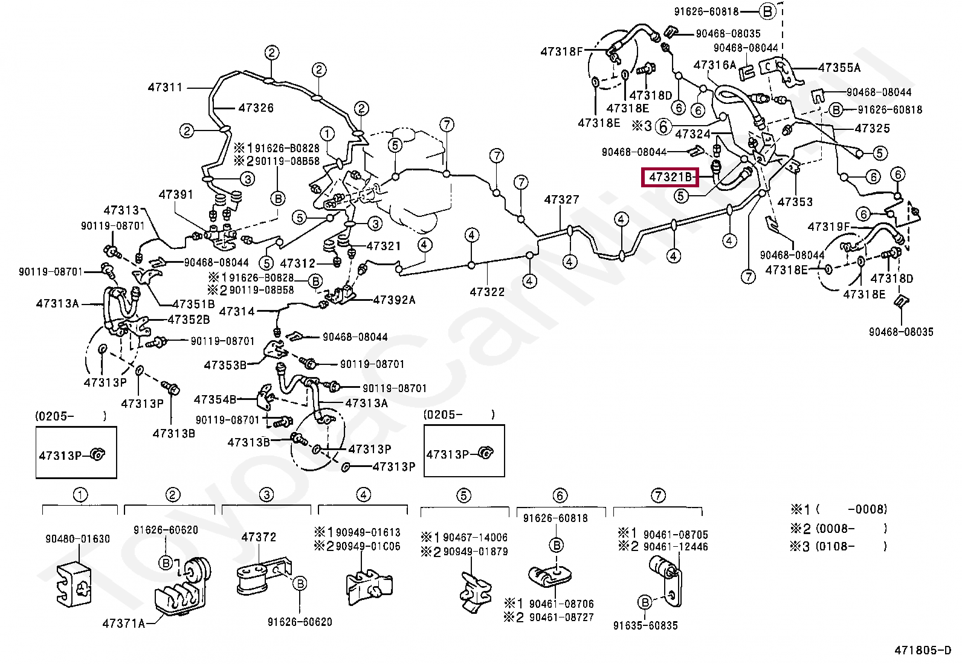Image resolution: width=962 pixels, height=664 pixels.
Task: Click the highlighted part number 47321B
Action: (x=670, y=177)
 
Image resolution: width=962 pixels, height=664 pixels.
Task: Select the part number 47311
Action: (x=165, y=88)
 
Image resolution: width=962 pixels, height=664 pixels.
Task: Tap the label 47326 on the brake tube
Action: (x=256, y=108)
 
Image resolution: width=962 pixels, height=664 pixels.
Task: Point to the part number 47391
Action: (x=176, y=195)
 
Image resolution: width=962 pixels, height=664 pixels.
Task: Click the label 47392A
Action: (x=394, y=300)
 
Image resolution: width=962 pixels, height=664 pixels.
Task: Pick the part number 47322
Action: (x=487, y=292)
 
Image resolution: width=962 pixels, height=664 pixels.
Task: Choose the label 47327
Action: (x=561, y=199)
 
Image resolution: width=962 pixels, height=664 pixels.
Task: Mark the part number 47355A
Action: (x=839, y=68)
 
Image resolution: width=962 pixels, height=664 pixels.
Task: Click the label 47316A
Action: (x=715, y=65)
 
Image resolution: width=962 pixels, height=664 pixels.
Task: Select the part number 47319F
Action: (x=828, y=227)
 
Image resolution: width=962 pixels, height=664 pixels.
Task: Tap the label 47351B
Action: (x=193, y=304)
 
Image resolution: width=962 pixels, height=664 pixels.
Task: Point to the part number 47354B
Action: (x=215, y=399)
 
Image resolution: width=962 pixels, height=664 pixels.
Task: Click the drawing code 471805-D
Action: (x=922, y=650)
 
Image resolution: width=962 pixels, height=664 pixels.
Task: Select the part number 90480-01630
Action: (x=78, y=539)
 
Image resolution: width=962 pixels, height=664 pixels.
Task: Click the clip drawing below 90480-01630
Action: (x=74, y=584)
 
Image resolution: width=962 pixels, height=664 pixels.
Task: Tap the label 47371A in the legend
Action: (x=124, y=624)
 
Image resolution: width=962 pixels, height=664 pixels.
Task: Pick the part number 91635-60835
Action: (x=645, y=626)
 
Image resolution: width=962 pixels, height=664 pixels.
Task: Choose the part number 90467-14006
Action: (x=475, y=538)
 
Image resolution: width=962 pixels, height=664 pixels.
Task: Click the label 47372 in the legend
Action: (x=259, y=537)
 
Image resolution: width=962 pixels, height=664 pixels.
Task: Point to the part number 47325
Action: (x=873, y=128)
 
